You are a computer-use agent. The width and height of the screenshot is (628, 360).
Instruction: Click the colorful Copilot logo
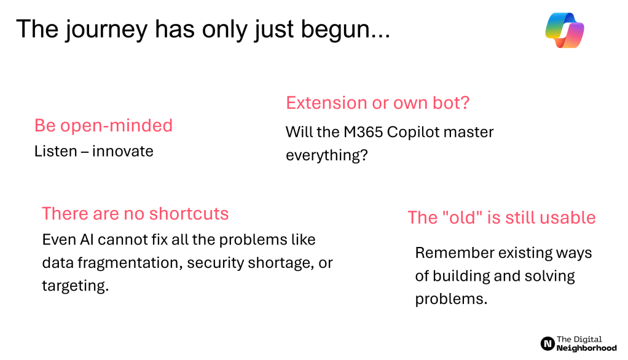click(565, 30)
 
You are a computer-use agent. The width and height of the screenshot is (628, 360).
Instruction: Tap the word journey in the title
click(107, 29)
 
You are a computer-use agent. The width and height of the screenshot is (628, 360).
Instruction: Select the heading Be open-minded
click(103, 126)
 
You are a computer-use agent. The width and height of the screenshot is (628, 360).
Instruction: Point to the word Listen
click(56, 151)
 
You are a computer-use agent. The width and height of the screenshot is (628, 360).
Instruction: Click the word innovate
click(122, 151)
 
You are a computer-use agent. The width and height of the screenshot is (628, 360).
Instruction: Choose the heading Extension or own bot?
click(377, 103)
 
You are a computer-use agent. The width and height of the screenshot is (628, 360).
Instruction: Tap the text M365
click(363, 132)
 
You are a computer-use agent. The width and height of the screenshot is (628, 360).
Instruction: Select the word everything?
click(326, 155)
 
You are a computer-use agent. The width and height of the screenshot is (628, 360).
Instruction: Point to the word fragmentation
click(130, 263)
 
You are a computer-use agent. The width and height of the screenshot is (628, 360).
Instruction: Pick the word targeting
click(76, 286)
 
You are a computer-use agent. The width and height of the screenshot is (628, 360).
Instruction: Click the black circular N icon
click(548, 343)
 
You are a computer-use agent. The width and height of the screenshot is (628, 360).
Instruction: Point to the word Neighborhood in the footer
click(586, 348)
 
